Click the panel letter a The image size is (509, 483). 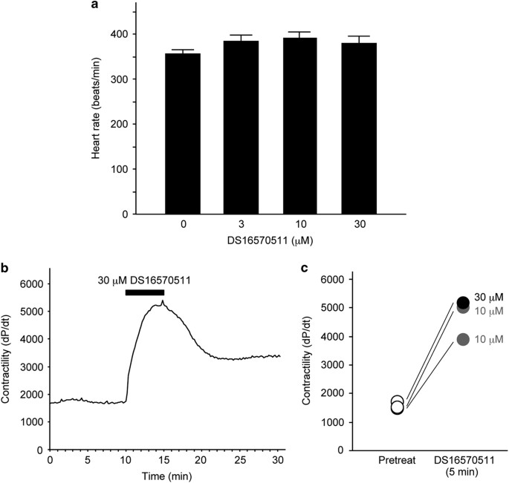tap(94, 5)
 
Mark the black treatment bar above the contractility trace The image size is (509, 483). tap(145, 292)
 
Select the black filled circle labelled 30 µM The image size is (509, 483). tap(463, 302)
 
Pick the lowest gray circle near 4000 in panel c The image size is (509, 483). tap(463, 339)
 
